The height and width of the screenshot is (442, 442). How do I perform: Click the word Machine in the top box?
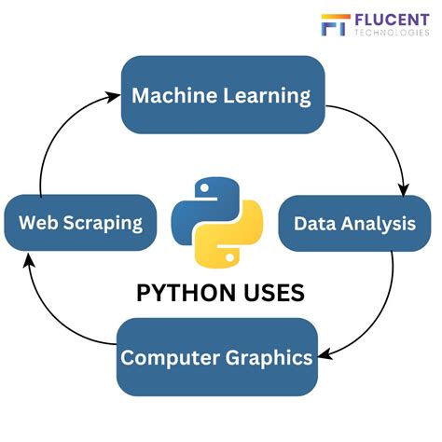[174, 95]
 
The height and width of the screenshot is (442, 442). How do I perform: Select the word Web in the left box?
[38, 223]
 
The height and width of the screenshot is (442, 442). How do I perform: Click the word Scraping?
[103, 224]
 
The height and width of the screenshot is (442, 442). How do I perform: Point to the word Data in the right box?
[314, 224]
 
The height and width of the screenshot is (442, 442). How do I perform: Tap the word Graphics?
[269, 358]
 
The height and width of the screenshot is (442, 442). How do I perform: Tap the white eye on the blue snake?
[204, 187]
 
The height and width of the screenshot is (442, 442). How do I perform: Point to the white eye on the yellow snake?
[229, 257]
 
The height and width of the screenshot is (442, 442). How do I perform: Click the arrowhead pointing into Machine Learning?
[113, 97]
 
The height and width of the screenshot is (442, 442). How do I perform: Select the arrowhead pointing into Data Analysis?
[404, 189]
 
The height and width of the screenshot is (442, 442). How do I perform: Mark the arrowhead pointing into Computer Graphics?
[325, 355]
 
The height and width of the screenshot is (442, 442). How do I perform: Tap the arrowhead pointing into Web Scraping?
[29, 260]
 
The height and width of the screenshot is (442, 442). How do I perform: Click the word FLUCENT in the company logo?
[392, 21]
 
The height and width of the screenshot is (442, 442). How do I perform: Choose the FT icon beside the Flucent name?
[336, 24]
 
